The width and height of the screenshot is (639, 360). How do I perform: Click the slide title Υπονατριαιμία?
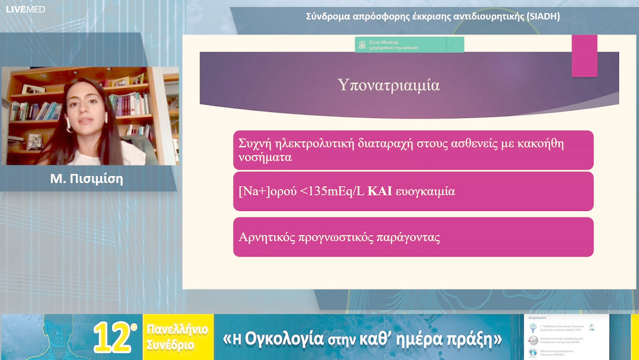[x=389, y=85]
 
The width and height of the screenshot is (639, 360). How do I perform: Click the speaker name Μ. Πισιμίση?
[x=87, y=179]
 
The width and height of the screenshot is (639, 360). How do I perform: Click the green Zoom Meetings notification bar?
[x=409, y=45]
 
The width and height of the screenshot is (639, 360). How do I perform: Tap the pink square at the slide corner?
[x=584, y=55]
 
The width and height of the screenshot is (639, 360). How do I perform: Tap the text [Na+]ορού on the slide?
[x=265, y=191]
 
